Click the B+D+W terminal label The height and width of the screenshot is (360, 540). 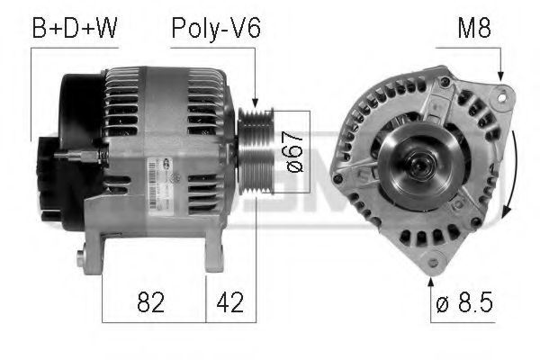tap(75, 29)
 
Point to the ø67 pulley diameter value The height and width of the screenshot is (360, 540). tap(292, 153)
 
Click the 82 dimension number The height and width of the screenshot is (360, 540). tap(152, 301)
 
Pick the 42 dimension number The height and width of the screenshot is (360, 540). tap(226, 301)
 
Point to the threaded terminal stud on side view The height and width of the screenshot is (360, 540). tap(72, 156)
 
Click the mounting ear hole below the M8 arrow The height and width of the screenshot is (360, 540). tap(502, 94)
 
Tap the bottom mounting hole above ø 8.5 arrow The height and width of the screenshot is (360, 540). tap(438, 260)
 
